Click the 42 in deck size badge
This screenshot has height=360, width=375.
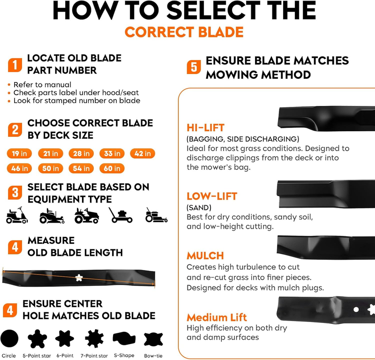coord(142,153)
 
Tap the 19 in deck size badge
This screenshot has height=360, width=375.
coord(19,153)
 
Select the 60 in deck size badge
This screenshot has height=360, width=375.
coord(112,168)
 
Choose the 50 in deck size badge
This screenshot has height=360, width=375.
coord(51,168)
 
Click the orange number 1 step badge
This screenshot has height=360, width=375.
coord(15,65)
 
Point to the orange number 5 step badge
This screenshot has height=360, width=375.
coord(194,67)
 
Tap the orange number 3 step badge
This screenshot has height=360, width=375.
coord(15,193)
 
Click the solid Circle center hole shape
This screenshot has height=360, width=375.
coord(9,338)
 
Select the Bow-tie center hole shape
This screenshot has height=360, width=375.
coord(153,339)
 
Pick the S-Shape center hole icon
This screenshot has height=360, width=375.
coord(124,338)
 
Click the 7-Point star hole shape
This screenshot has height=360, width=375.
coord(95,338)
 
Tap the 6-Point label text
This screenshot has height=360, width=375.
coord(65,356)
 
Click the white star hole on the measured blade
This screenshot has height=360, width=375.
coord(79,278)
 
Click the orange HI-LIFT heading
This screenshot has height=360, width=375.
coord(205,127)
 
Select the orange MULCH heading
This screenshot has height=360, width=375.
coord(205,256)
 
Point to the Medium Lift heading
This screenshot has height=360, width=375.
coord(217,317)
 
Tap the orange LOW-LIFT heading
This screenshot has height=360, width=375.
coord(212,196)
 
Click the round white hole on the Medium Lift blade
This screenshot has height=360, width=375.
coord(356,309)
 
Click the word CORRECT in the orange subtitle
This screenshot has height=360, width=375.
coord(159,32)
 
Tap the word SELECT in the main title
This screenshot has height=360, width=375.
coord(213,10)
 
